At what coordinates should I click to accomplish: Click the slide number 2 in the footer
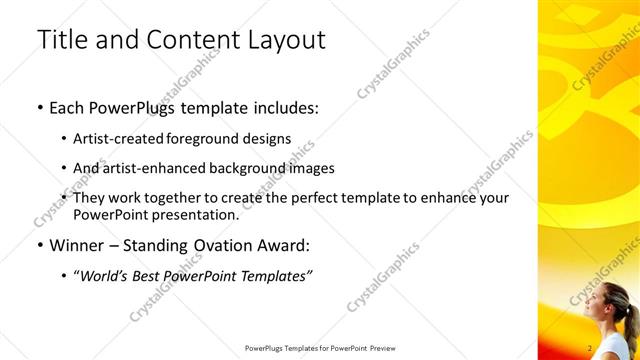(x=591, y=347)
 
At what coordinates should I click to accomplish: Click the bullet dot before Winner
(x=39, y=245)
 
